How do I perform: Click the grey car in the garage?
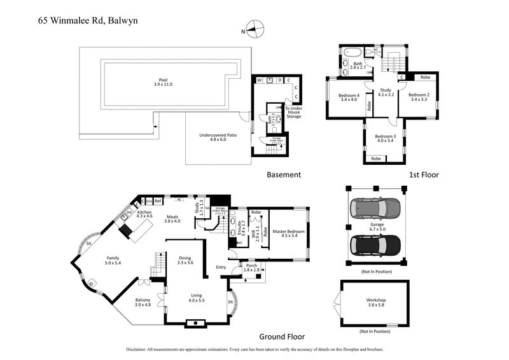(375, 207)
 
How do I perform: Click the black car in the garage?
(375, 244)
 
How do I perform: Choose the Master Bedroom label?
(288, 235)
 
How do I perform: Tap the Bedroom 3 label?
(385, 139)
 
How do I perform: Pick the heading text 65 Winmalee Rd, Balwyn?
(88, 20)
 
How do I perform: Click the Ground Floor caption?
(282, 337)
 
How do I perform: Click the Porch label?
(251, 267)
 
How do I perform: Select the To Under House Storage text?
(293, 113)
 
